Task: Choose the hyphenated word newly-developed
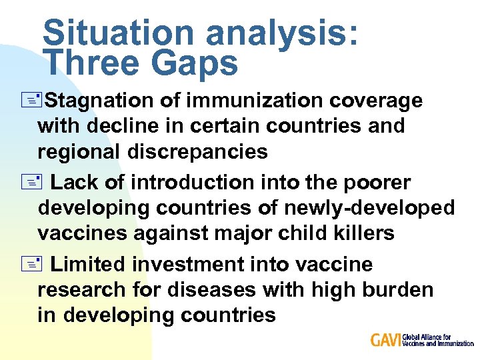point(370,208)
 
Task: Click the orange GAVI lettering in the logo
point(385,340)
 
